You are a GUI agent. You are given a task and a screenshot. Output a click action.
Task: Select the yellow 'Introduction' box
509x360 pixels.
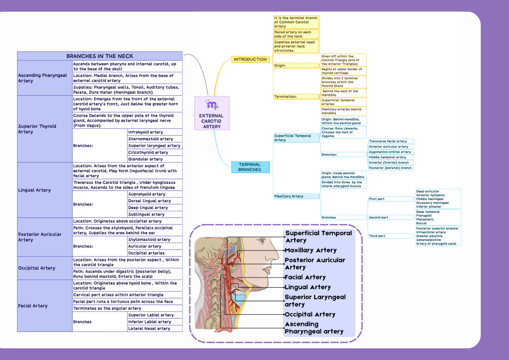coord(250,60)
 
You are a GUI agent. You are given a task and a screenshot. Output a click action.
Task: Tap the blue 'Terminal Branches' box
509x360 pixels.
coord(249,167)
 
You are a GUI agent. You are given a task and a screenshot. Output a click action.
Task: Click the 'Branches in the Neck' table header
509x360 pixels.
coord(100,56)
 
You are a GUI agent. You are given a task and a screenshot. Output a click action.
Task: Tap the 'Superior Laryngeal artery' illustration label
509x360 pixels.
coord(315,300)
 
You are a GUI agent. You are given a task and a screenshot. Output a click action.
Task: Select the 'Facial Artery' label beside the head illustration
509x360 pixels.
coord(305,278)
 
